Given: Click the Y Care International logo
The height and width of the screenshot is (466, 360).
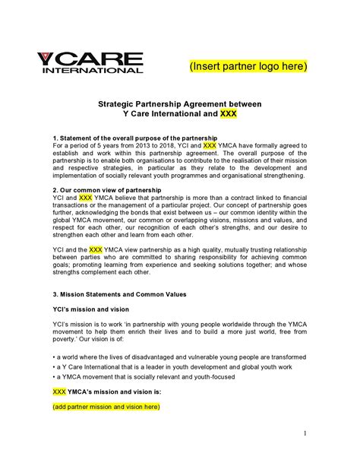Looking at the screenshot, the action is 90,62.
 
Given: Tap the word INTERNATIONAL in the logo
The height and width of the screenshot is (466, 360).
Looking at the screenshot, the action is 92,71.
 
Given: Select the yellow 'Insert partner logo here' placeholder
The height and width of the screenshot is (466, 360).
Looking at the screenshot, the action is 248,66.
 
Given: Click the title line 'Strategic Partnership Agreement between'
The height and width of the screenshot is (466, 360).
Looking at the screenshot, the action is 179,103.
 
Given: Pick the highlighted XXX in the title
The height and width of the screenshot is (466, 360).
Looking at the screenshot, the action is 228,114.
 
